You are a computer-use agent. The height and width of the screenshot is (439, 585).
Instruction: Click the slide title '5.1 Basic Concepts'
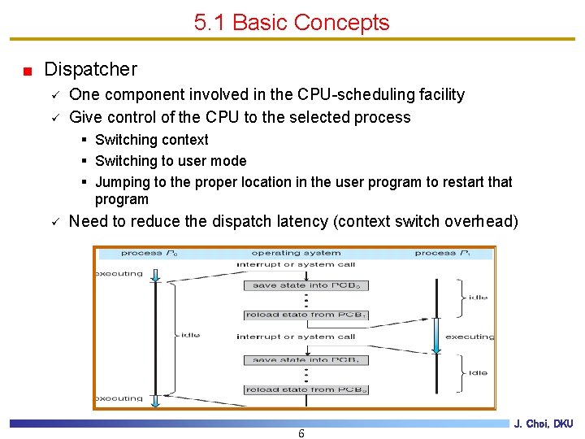click(x=292, y=23)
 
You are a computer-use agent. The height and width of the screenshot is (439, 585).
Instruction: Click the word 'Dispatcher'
click(x=90, y=70)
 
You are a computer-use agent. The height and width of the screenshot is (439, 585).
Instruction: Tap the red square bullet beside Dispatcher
click(x=28, y=71)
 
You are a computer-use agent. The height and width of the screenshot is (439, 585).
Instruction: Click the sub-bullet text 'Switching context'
click(x=151, y=140)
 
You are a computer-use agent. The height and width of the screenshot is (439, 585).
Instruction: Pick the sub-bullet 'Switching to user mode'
click(x=170, y=161)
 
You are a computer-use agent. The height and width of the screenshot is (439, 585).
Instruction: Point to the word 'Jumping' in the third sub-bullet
click(x=122, y=182)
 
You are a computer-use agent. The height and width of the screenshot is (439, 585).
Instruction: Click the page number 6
click(x=301, y=433)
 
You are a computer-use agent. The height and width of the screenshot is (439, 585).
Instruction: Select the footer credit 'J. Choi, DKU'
click(x=543, y=424)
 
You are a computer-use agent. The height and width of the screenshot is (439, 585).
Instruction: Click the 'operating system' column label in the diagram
click(x=295, y=253)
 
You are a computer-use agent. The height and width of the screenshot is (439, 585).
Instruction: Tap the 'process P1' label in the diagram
click(x=442, y=253)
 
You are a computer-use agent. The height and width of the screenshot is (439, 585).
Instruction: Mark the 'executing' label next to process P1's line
click(x=470, y=337)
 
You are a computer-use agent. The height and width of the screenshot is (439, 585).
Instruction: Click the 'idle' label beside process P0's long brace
click(x=190, y=335)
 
